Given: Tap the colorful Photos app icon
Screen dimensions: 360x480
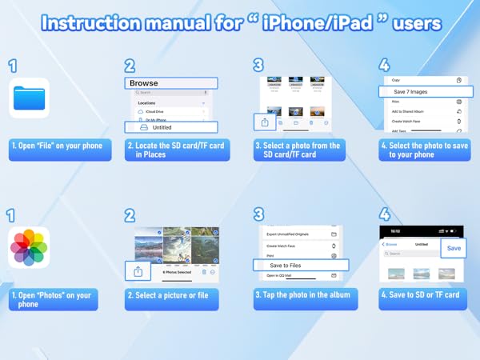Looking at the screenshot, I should pyautogui.click(x=30, y=248).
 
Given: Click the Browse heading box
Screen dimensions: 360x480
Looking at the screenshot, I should pyautogui.click(x=170, y=82).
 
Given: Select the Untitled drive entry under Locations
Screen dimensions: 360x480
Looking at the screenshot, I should pyautogui.click(x=170, y=127).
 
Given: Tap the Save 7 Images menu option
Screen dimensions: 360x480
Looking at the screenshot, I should pyautogui.click(x=422, y=92).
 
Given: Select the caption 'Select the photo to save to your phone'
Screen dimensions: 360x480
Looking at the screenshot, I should pyautogui.click(x=423, y=150).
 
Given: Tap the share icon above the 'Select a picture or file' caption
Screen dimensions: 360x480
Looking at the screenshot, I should pyautogui.click(x=138, y=271).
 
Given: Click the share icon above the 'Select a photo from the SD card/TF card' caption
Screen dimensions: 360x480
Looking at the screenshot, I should pyautogui.click(x=265, y=122).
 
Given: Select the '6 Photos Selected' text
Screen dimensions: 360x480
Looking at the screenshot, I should pyautogui.click(x=176, y=273).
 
